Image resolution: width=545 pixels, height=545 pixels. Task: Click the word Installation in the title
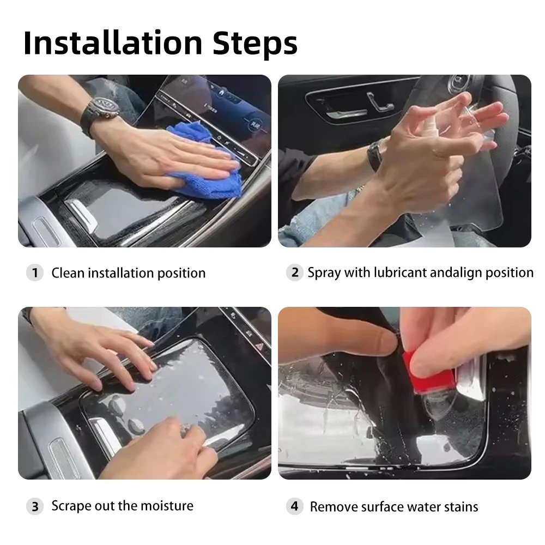click(113, 43)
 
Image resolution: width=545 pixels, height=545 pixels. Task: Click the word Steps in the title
click(255, 44)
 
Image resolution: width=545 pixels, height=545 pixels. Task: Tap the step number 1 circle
click(35, 273)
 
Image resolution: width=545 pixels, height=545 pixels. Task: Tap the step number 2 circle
click(295, 272)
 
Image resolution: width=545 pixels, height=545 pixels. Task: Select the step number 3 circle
click(35, 506)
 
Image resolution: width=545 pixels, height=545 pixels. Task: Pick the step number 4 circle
click(295, 506)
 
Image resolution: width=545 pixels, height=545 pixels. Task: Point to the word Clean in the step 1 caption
click(68, 273)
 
